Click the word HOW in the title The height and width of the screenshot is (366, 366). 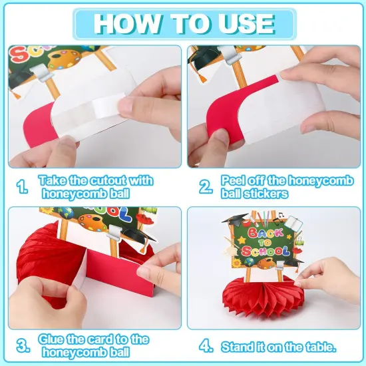point(127,24)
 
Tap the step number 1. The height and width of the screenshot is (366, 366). point(22,187)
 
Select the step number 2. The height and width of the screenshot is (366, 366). point(206,187)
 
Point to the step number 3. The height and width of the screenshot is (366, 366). point(23,346)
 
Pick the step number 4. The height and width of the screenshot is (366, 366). point(206,346)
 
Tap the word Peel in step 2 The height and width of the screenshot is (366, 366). point(231,180)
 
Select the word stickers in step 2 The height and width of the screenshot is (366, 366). point(266,194)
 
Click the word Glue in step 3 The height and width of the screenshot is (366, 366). point(51,339)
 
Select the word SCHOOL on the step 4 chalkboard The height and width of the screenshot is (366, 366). point(266,251)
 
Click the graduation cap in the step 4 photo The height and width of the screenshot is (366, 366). point(234,220)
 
